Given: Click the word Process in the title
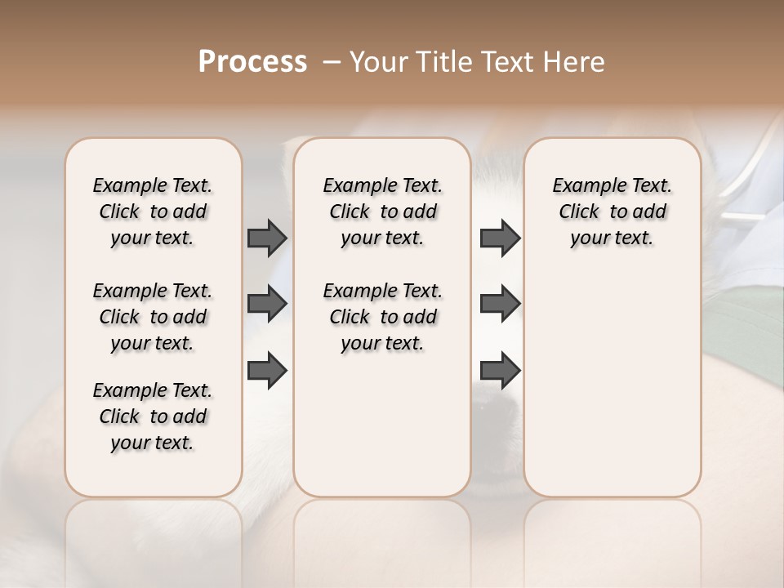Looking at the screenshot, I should [x=252, y=61].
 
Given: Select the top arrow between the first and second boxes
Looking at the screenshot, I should [x=267, y=238].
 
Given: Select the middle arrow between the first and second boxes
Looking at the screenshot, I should [x=267, y=304].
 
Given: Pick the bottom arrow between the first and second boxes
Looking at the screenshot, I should [x=267, y=369].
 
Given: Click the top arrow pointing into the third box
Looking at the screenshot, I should [x=500, y=238].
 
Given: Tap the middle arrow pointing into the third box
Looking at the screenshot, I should [x=500, y=304].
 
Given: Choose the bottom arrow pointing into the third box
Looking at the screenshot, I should [x=500, y=369].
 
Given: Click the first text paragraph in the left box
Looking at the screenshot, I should [x=153, y=212].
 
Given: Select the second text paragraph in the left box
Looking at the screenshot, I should [x=153, y=317].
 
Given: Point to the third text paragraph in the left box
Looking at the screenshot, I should [x=153, y=416].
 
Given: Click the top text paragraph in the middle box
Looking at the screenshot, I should [x=382, y=212].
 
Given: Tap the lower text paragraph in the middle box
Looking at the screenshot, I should [x=382, y=317].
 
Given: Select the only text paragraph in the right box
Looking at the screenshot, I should [x=612, y=212].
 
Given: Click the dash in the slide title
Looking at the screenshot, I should [x=332, y=62].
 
